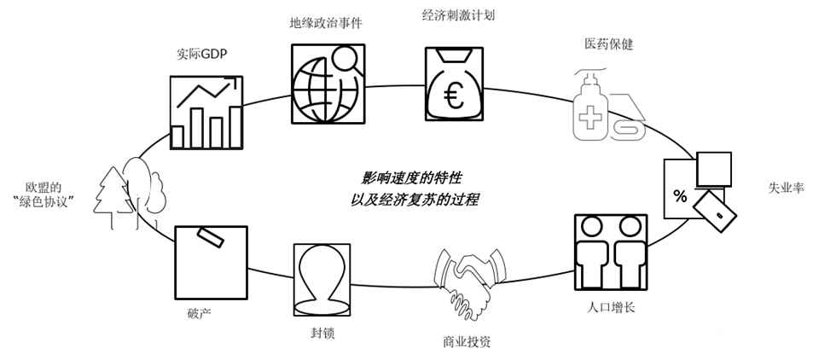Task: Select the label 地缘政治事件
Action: pos(326,23)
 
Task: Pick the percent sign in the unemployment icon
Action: pos(680,198)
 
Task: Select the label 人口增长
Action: pos(607,305)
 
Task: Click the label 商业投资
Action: pos(467,342)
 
